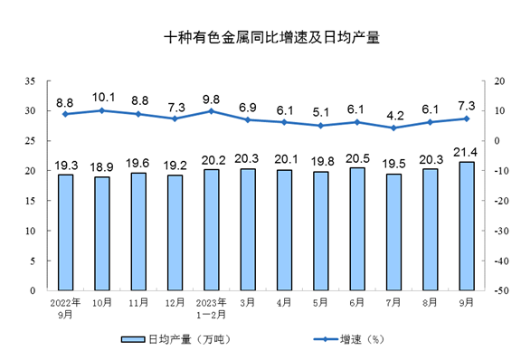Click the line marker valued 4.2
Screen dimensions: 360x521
pos(393,128)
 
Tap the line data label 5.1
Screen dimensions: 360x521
pos(320,113)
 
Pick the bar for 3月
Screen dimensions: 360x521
pos(247,230)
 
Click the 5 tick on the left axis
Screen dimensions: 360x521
pos(33,261)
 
